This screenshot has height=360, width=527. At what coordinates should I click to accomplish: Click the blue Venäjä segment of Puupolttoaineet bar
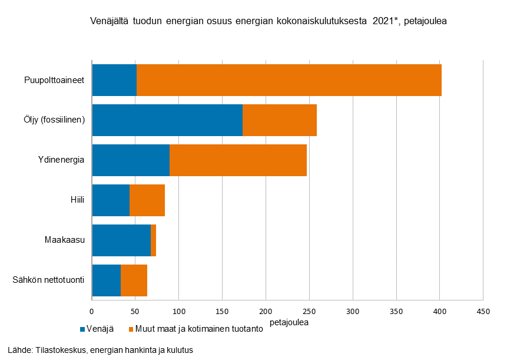pos(114,80)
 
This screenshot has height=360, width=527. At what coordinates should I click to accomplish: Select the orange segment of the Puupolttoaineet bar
pos(289,80)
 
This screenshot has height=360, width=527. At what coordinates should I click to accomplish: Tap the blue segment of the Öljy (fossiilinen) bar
pos(167,120)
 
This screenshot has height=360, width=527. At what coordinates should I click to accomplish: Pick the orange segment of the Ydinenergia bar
pos(238,160)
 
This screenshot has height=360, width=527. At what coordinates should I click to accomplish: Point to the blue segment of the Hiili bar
pos(111,200)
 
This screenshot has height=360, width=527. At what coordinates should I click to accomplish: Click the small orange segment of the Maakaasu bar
pos(153,240)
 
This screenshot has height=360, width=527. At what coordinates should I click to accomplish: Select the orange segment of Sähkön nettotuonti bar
pos(134,280)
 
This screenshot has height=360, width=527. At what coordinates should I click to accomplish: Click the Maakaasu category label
pos(65,240)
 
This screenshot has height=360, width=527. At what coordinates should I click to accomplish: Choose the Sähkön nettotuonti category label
pos(49,280)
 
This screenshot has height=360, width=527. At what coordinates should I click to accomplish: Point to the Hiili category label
pos(77,200)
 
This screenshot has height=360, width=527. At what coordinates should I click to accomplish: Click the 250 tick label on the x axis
pos(309,311)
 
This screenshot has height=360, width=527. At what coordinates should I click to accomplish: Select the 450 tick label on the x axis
pos(483,311)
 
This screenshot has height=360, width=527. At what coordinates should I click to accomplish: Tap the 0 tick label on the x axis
pos(92,311)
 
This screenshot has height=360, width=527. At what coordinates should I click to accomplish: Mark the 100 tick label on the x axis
pos(179,311)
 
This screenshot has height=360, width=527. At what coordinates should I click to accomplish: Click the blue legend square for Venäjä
pos(82,329)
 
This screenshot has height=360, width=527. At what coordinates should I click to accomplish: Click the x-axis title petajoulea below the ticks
pos(289,322)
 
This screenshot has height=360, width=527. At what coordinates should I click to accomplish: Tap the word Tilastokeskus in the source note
pos(57,350)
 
